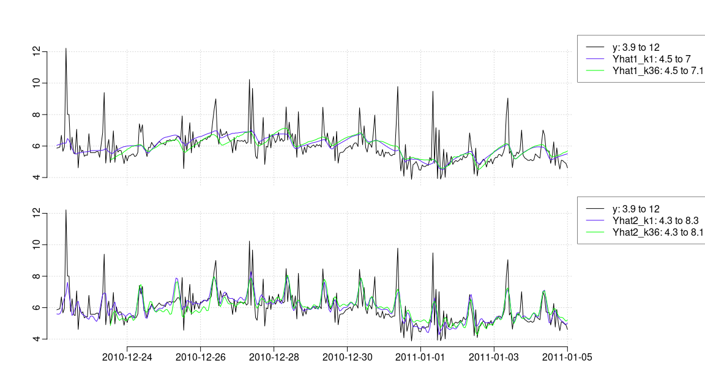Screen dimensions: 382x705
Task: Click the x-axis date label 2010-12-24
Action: (x=127, y=357)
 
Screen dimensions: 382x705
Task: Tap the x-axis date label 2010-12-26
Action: (x=200, y=357)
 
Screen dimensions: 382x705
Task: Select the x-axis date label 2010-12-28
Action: (x=274, y=357)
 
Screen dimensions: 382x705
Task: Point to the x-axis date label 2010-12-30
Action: (x=347, y=357)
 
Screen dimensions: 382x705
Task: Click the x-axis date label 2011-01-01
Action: (x=420, y=357)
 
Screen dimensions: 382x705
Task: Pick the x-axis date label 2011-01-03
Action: (x=494, y=357)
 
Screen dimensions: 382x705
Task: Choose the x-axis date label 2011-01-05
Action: (x=567, y=357)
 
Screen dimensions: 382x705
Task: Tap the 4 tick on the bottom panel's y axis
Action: (x=37, y=339)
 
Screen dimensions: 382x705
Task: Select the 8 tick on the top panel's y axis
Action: (x=37, y=114)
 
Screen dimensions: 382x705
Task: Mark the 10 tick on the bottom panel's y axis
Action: (x=37, y=244)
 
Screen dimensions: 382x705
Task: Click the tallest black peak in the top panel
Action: (x=65, y=48)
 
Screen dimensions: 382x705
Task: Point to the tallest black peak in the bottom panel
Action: (x=65, y=210)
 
